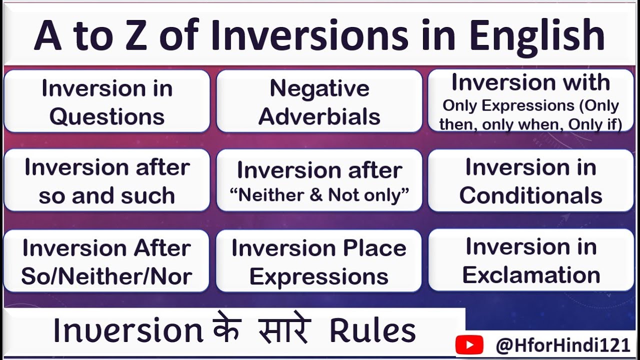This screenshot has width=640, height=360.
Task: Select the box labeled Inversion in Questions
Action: [106, 102]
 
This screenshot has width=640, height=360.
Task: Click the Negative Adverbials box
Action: [319, 102]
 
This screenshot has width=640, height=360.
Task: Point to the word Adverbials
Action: [319, 116]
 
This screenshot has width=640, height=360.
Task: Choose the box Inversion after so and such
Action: [106, 180]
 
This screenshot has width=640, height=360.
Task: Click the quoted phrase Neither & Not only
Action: [319, 195]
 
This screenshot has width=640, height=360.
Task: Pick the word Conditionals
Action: [530, 195]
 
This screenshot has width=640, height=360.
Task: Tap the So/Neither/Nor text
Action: [106, 276]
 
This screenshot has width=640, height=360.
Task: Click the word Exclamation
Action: [530, 275]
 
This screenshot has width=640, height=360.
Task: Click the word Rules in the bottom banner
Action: [372, 331]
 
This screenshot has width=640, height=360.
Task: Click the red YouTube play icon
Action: [469, 345]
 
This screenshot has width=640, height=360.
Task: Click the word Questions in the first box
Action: [106, 116]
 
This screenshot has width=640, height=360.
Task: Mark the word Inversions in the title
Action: [308, 36]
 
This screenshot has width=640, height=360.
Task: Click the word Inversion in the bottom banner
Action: [127, 331]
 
